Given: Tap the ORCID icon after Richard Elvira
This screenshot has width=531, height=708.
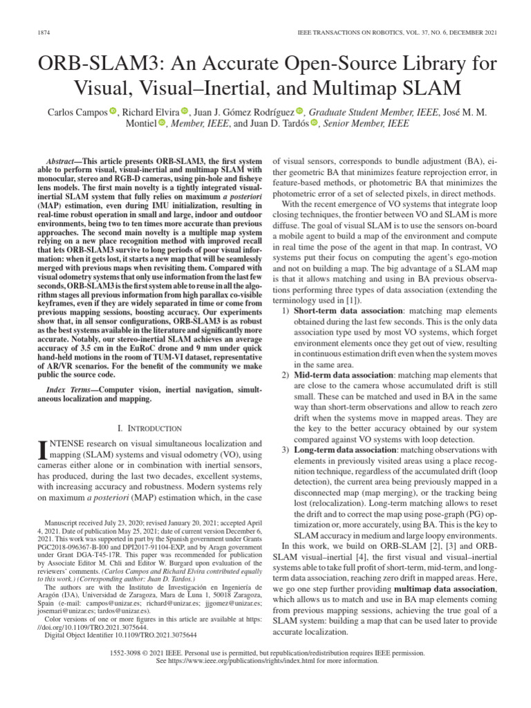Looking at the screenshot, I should pyautogui.click(x=184, y=112).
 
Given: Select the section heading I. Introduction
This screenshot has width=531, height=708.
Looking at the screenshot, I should pyautogui.click(x=150, y=429).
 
